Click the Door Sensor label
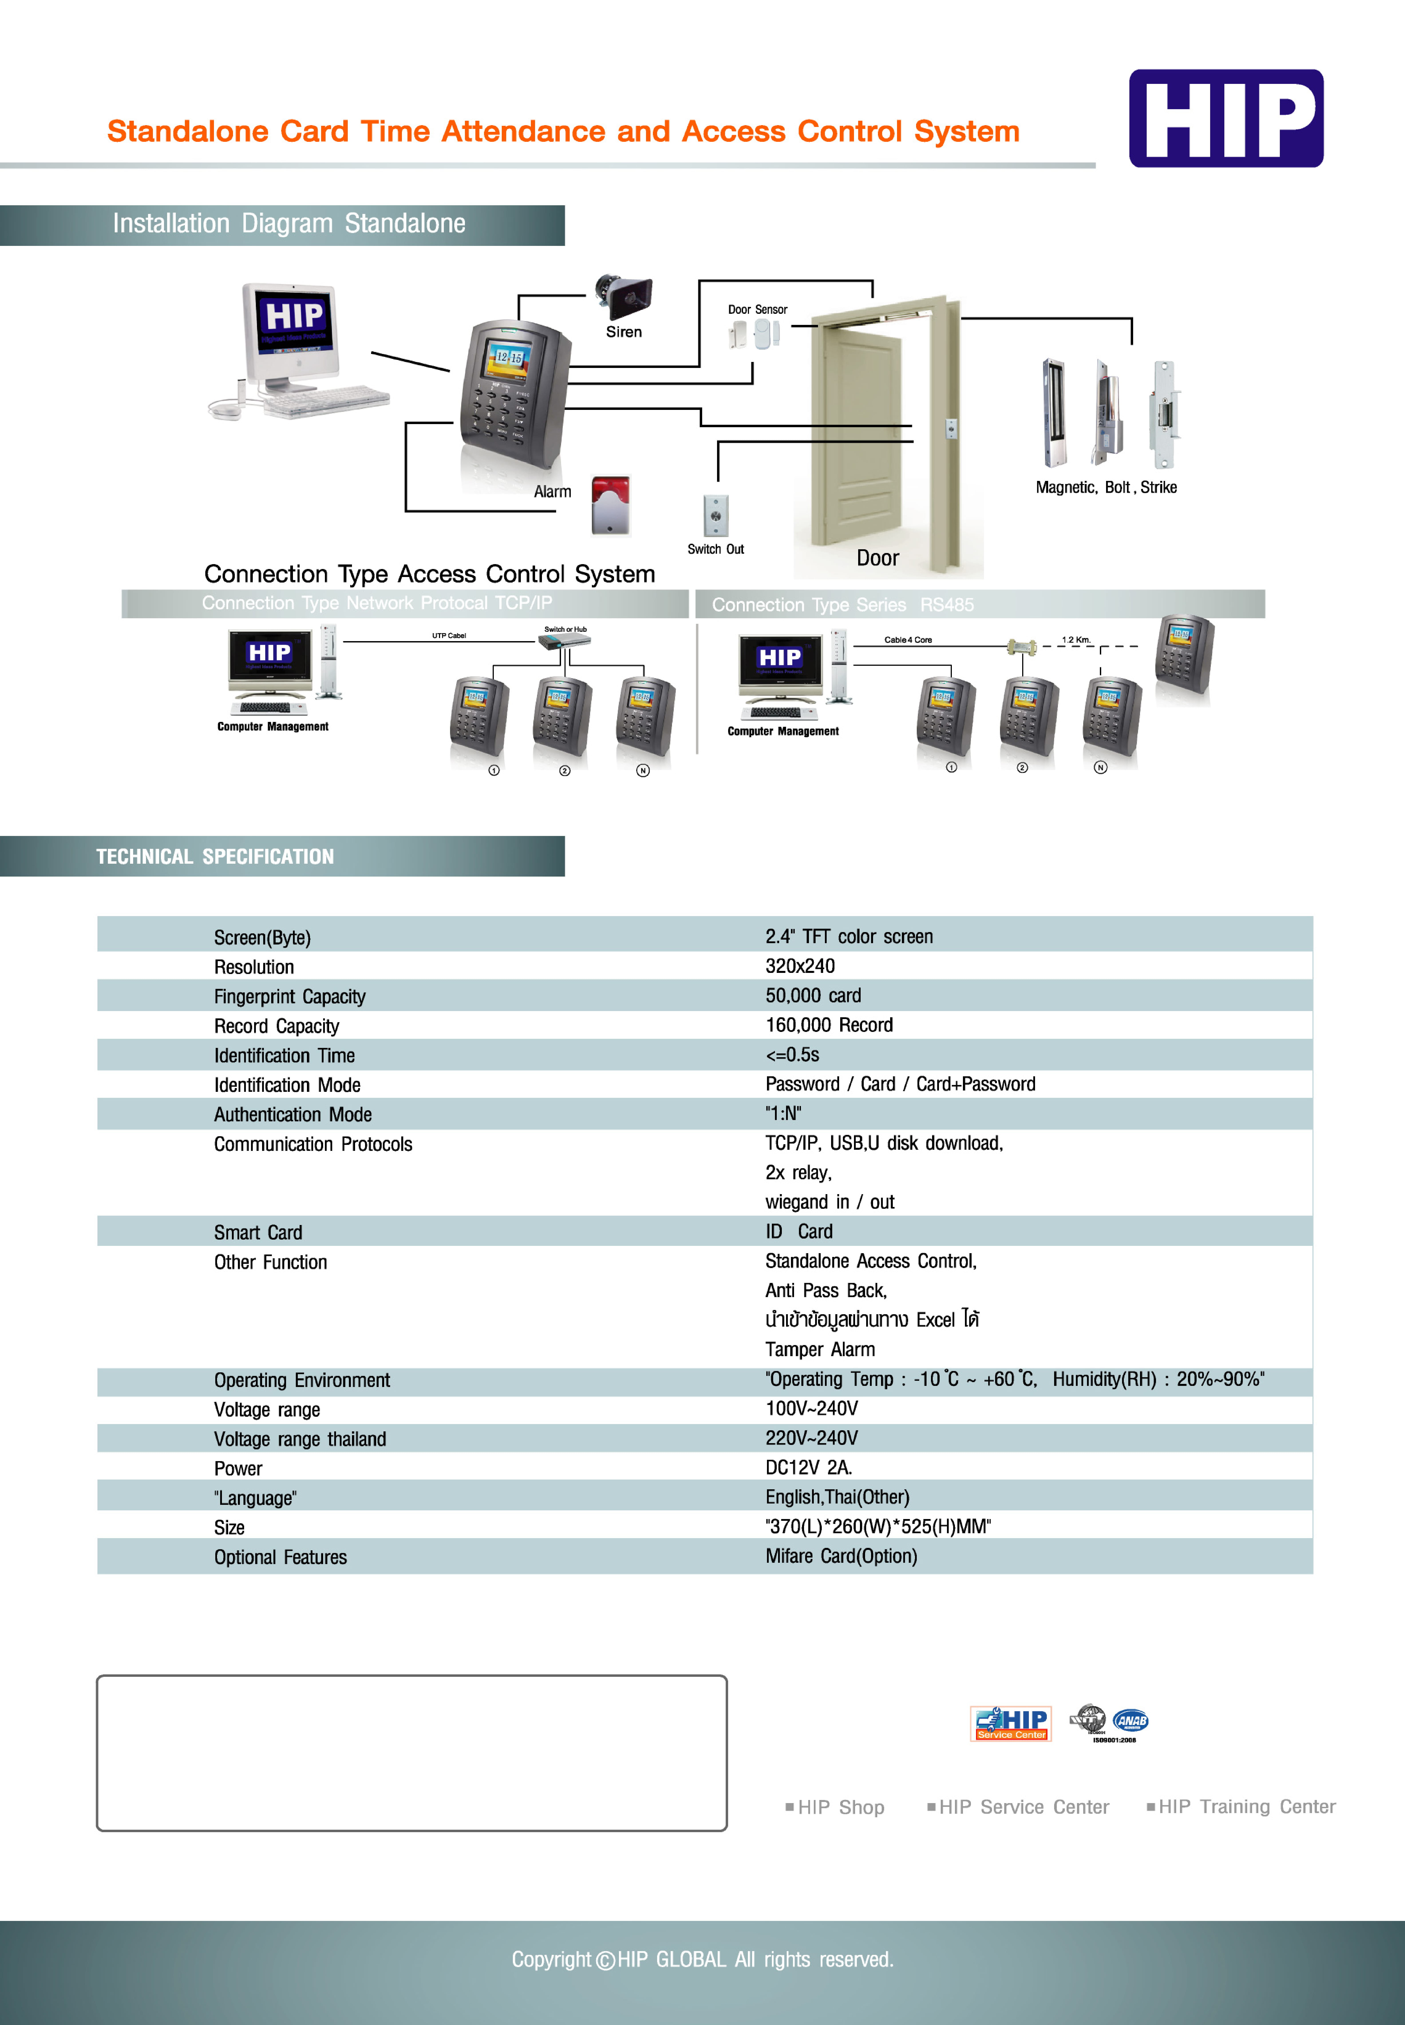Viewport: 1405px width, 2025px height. [x=757, y=310]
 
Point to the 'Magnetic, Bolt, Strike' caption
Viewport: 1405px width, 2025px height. [x=1106, y=488]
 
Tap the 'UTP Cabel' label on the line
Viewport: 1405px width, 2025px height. [x=449, y=635]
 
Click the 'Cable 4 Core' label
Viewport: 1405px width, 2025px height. [x=908, y=640]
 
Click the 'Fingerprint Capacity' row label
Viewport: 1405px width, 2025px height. [x=290, y=996]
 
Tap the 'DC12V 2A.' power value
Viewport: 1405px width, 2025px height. [x=808, y=1467]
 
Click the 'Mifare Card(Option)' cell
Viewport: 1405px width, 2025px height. [x=841, y=1556]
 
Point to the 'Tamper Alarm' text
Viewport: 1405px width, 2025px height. [x=820, y=1349]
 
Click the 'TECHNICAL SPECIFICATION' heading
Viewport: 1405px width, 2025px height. [x=215, y=856]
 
